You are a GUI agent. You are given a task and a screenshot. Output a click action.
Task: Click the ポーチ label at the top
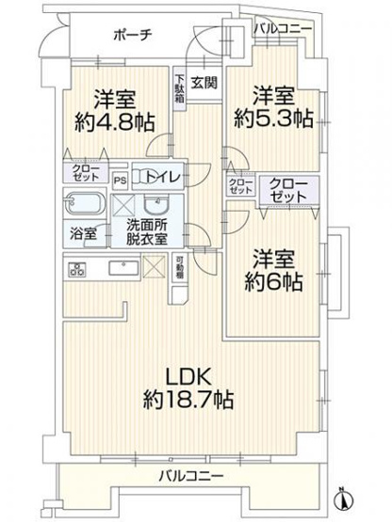pyautogui.click(x=129, y=35)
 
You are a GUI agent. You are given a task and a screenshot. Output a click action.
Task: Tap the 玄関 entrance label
pyautogui.click(x=204, y=82)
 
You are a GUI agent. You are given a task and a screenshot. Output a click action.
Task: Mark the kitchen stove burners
pyautogui.click(x=77, y=269)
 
